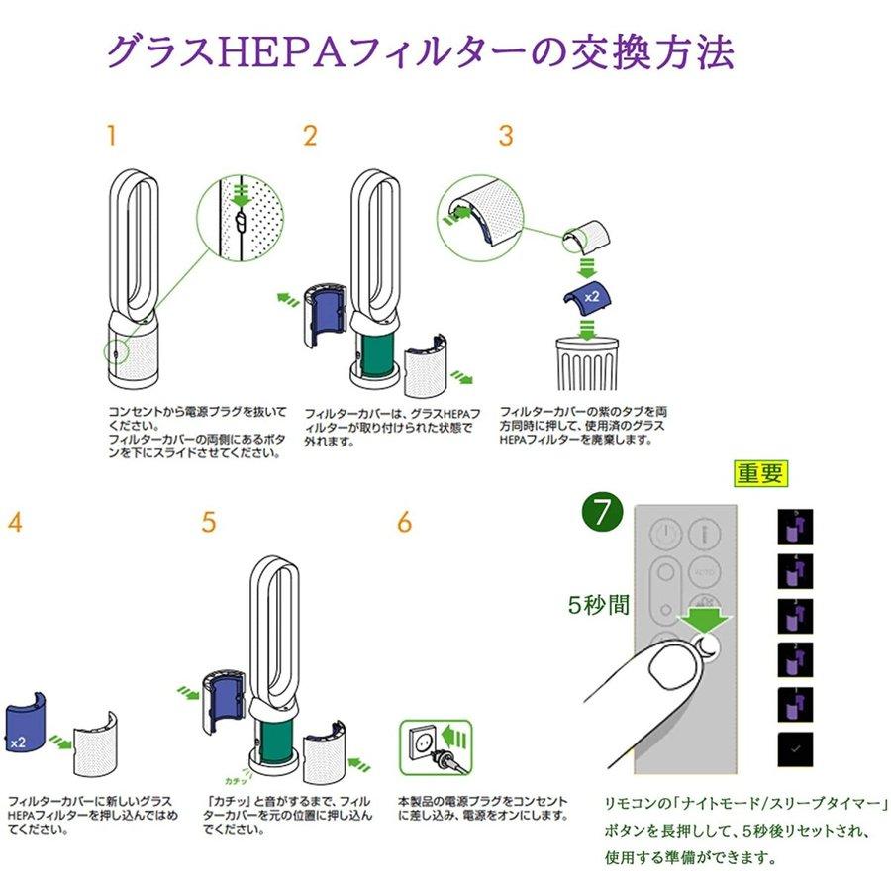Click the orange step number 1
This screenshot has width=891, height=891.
pyautogui.click(x=111, y=136)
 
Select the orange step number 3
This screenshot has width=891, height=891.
pyautogui.click(x=506, y=136)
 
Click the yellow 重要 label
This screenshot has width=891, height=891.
pyautogui.click(x=760, y=474)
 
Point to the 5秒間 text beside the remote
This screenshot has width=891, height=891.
pyautogui.click(x=599, y=605)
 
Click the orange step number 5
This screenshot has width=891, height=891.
pyautogui.click(x=208, y=523)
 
